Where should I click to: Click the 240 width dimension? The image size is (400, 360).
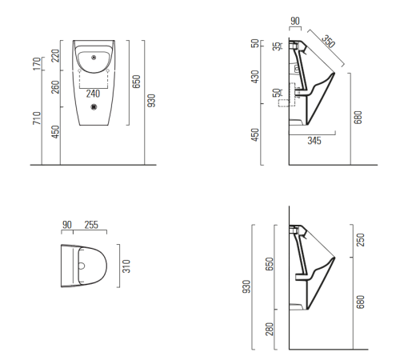click(x=93, y=94)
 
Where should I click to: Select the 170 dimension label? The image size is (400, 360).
click(x=37, y=64)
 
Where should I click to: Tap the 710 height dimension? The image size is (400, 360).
click(x=37, y=118)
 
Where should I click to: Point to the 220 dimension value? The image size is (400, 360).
click(x=55, y=55)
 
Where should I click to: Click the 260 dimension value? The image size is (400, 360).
click(x=55, y=87)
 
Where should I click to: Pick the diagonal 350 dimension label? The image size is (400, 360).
click(x=328, y=41)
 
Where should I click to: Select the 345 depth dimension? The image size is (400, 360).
click(x=314, y=141)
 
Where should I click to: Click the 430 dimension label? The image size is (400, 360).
click(x=255, y=77)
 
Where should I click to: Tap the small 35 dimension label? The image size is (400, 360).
click(x=278, y=46)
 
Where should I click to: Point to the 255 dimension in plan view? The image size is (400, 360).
click(x=91, y=225)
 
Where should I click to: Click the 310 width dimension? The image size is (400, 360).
click(x=126, y=266)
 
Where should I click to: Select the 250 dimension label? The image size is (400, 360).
click(x=360, y=240)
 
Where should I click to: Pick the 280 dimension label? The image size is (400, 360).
click(x=270, y=329)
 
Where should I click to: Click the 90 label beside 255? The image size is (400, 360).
click(x=67, y=225)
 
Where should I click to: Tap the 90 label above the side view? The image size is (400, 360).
click(x=295, y=21)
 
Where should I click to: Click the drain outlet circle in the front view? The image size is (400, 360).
click(x=94, y=107)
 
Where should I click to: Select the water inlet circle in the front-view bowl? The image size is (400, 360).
click(x=94, y=57)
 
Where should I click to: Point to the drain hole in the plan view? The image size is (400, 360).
click(x=82, y=266)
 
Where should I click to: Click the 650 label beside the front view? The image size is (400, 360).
click(x=136, y=82)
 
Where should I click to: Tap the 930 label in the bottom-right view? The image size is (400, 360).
click(x=246, y=286)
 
